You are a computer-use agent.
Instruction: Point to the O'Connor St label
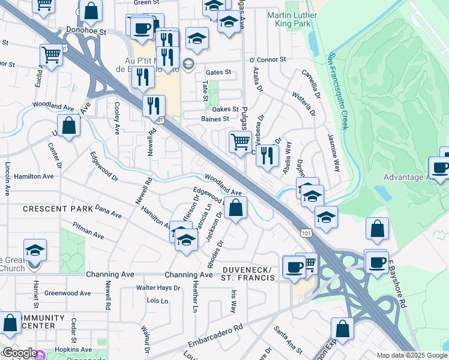(268, 60)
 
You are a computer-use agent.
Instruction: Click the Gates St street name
(218, 72)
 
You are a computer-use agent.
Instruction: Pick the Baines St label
(218, 119)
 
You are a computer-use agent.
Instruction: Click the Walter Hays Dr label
(158, 288)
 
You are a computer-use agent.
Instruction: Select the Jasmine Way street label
(334, 157)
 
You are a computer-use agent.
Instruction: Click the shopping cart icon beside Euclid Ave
(52, 55)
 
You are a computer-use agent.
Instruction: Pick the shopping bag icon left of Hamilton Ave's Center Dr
(70, 126)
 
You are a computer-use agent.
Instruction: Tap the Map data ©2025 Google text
(411, 355)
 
